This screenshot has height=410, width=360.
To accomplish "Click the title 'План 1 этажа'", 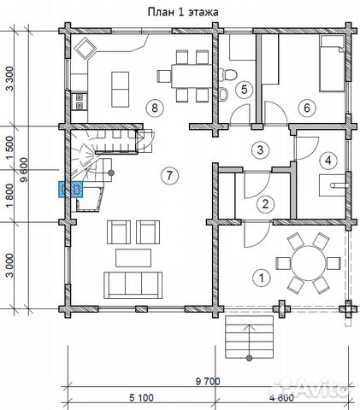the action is [x=183, y=12].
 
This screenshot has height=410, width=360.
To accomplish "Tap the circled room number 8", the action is [x=155, y=108].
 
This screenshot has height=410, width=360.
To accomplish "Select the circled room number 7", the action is [x=169, y=175].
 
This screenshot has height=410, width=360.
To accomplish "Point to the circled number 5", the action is [x=245, y=90].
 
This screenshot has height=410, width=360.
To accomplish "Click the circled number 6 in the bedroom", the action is [x=307, y=108].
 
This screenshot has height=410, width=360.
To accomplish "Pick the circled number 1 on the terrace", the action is [x=262, y=278].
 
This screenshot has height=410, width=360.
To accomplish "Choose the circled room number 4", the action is [x=328, y=161].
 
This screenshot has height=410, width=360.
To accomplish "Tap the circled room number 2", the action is [x=265, y=204].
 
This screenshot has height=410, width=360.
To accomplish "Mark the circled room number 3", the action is [x=260, y=149].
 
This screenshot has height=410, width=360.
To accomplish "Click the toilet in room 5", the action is [x=228, y=75].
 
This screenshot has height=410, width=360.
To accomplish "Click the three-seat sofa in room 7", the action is [x=133, y=285].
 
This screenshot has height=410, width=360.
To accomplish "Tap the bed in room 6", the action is [x=332, y=63].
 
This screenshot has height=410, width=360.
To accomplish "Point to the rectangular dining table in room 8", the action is [x=192, y=76].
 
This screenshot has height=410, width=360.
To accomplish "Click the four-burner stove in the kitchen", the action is [x=79, y=102].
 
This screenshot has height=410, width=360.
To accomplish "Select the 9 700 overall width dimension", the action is [x=208, y=381].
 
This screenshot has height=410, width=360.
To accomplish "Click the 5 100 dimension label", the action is [x=141, y=398].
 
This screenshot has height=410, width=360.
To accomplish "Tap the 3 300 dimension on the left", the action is [x=9, y=79].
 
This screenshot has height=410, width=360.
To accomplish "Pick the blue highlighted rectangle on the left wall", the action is [x=70, y=190].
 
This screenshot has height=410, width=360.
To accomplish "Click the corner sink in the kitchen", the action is [x=85, y=49].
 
